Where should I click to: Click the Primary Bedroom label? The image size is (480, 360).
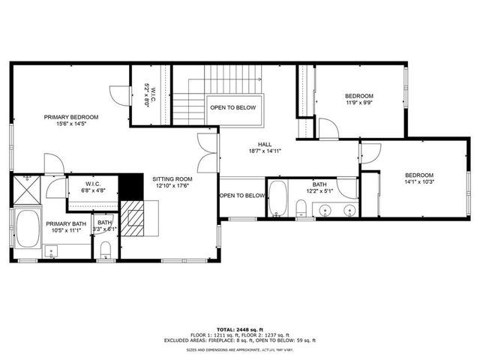point(71,117)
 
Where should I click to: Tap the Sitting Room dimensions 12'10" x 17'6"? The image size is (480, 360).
point(172,186)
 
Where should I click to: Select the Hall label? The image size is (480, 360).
point(265,145)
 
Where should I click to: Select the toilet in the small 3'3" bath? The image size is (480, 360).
point(106,249)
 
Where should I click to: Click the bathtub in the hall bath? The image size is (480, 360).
point(277,198)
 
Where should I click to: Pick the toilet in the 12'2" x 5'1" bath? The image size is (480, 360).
point(301,211)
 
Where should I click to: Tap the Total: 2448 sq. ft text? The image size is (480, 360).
point(240,329)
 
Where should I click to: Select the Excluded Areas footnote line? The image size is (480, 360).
point(240,340)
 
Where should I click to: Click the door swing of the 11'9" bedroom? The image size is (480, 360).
point(328,129)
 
